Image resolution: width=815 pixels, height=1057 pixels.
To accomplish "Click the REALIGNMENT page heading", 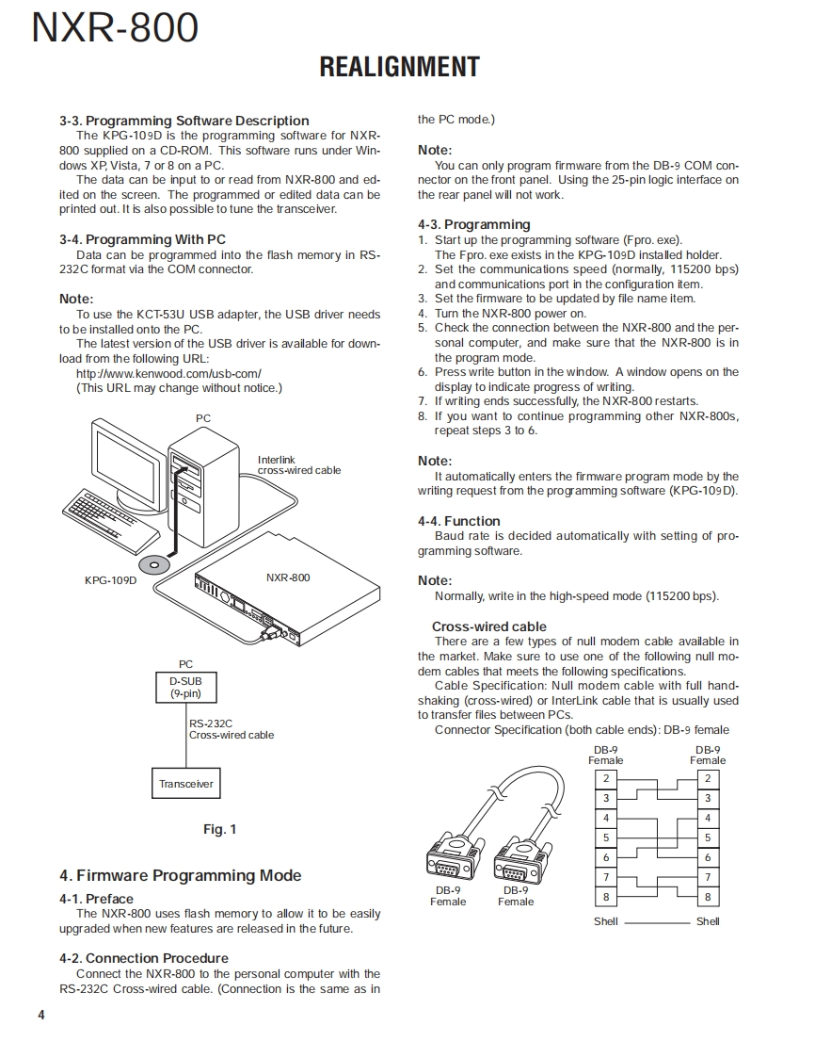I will pyautogui.click(x=399, y=67).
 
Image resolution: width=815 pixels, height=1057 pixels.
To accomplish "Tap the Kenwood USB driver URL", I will pyautogui.click(x=168, y=373).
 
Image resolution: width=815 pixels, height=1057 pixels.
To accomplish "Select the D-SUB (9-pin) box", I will pyautogui.click(x=185, y=687).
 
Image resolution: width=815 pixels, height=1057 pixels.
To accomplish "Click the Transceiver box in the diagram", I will pyautogui.click(x=185, y=784).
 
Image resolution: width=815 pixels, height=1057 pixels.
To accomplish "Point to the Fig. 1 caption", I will pyautogui.click(x=220, y=829).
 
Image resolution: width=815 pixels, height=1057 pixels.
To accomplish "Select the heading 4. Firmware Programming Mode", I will pyautogui.click(x=181, y=876).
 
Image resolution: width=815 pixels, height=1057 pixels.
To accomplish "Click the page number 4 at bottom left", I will pyautogui.click(x=40, y=1015).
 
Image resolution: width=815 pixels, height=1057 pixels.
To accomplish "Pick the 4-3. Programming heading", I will pyautogui.click(x=474, y=224).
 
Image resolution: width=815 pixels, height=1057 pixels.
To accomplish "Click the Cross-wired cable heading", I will pyautogui.click(x=488, y=626).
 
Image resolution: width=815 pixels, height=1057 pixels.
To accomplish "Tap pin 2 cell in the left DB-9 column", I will pyautogui.click(x=606, y=779).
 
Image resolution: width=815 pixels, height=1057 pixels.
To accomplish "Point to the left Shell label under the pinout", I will pyautogui.click(x=606, y=921).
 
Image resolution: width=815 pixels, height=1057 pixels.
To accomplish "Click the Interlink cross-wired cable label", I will pyautogui.click(x=299, y=465).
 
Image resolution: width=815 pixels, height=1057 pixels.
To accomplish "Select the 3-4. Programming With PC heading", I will pyautogui.click(x=142, y=239).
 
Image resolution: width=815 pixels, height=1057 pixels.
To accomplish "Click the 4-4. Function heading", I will pyautogui.click(x=459, y=521).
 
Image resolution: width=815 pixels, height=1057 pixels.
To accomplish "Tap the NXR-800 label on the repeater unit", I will pyautogui.click(x=288, y=577).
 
